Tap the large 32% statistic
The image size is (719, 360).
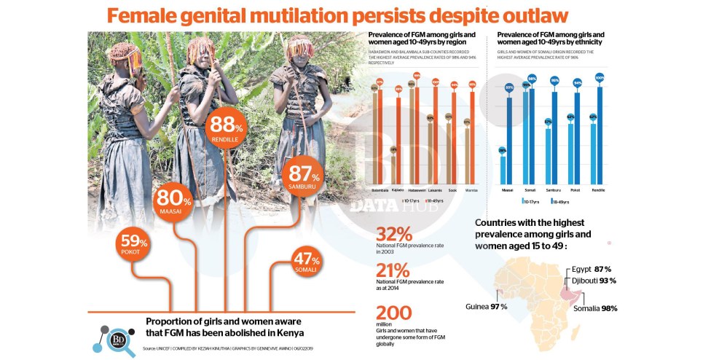[x=393, y=234]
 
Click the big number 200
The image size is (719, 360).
[x=395, y=312]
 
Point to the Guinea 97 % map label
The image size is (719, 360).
[x=486, y=306]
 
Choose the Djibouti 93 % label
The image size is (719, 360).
[x=593, y=281]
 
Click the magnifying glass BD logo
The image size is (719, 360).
[x=117, y=342]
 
